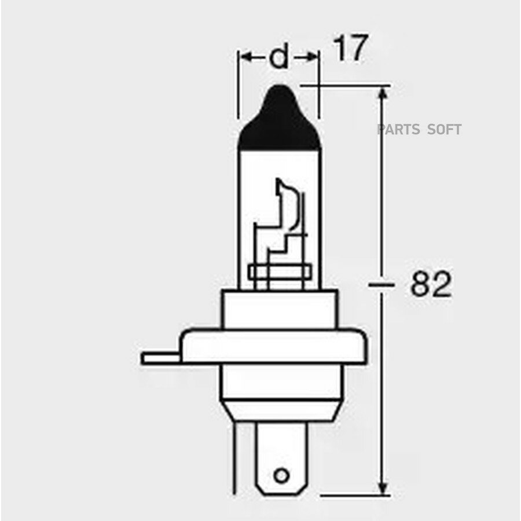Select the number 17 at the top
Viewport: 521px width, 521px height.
pos(350,50)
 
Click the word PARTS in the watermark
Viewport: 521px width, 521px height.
pos(399,130)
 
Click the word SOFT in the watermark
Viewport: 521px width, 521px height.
pos(445,130)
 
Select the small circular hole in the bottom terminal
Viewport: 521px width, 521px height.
pos(281,475)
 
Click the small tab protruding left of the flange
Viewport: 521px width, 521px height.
pos(160,357)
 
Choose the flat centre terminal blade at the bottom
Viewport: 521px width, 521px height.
pos(281,457)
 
